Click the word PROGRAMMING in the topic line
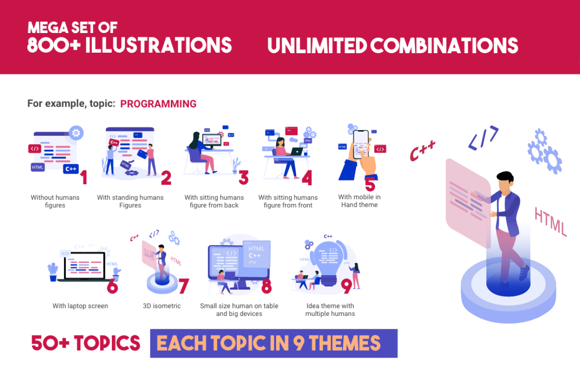pyautogui.click(x=158, y=104)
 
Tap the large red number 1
pyautogui.click(x=84, y=177)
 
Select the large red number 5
pyautogui.click(x=370, y=184)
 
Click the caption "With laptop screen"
pyautogui.click(x=80, y=306)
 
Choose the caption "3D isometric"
pyautogui.click(x=162, y=306)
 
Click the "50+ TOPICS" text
pyautogui.click(x=86, y=343)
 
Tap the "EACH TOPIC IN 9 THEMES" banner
pyautogui.click(x=273, y=343)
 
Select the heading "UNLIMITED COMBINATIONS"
pyautogui.click(x=392, y=45)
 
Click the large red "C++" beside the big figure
pyautogui.click(x=423, y=151)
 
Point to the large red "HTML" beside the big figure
pyautogui.click(x=550, y=221)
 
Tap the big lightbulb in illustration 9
pyautogui.click(x=330, y=261)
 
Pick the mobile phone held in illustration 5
pyautogui.click(x=361, y=143)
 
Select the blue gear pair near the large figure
pyautogui.click(x=545, y=151)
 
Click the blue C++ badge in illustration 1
pyautogui.click(x=70, y=168)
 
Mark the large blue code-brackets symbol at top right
pyautogui.click(x=483, y=137)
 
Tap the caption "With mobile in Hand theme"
pyautogui.click(x=359, y=201)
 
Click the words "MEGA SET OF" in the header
pyautogui.click(x=72, y=27)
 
